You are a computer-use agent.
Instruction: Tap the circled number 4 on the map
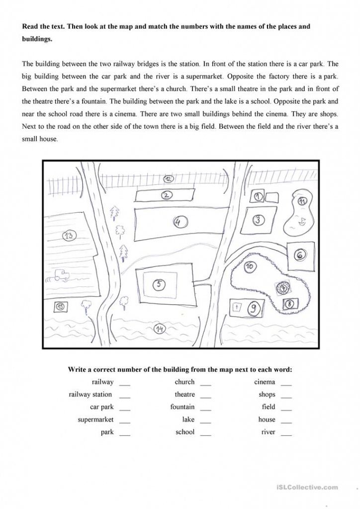coord(178,222)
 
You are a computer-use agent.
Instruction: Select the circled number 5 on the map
coord(159,284)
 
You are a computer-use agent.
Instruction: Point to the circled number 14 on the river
coord(160,329)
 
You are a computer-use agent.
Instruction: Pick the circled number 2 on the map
coord(167,195)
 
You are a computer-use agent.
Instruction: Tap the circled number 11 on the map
coord(302,201)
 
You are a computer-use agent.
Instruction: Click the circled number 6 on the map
coord(300,255)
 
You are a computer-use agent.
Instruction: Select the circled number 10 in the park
coord(250,267)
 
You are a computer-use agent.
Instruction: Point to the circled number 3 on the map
coord(258,220)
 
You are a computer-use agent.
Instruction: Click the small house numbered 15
coord(61,307)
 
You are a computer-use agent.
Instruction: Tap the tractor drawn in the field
coord(62,274)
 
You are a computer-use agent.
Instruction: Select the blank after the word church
coord(205,383)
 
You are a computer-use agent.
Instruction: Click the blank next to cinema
coord(286,383)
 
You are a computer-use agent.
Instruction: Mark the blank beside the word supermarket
coord(125,421)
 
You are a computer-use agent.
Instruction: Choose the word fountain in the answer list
coord(182,407)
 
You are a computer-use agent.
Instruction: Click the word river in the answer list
coord(268,432)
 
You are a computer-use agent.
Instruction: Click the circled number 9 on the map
coord(253,309)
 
